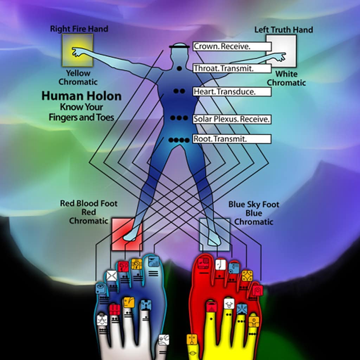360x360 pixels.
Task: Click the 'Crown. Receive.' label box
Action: [232, 46]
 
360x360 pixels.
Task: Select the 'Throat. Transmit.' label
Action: [232, 69]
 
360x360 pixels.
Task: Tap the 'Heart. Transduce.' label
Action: [232, 92]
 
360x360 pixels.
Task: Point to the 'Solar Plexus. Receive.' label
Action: [232, 119]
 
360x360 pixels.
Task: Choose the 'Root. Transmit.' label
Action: [232, 139]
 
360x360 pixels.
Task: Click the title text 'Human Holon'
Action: [82, 96]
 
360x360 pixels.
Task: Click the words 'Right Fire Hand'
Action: [79, 29]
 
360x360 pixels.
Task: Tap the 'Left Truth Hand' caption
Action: [284, 30]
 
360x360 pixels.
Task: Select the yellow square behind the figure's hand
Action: [78, 51]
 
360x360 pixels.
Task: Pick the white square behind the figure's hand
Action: [281, 51]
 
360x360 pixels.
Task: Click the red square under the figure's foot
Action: [127, 234]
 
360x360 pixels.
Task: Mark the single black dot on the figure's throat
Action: [179, 69]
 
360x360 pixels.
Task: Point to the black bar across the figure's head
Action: [179, 47]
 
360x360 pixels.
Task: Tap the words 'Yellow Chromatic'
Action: [78, 78]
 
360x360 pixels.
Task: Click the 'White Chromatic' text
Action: [286, 78]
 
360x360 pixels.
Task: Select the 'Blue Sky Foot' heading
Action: [254, 205]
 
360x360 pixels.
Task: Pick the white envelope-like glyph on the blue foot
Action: [112, 276]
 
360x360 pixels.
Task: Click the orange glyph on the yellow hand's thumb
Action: [192, 340]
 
